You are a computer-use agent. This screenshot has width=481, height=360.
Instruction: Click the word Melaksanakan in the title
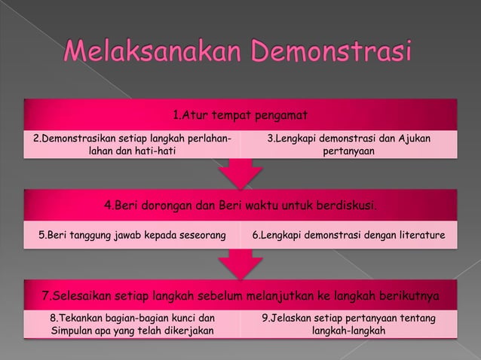(x=155, y=54)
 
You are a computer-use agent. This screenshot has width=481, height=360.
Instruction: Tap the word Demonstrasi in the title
(x=333, y=54)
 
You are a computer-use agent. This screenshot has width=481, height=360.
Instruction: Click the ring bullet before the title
(x=49, y=55)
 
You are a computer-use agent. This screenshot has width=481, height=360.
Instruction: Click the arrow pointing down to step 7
(x=240, y=265)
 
